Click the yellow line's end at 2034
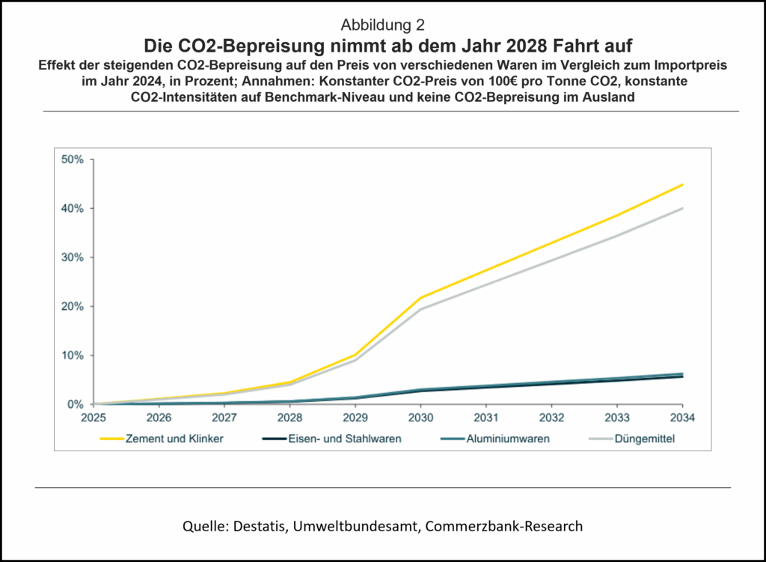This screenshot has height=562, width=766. coord(682,184)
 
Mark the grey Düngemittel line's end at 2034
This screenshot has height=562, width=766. coord(682,208)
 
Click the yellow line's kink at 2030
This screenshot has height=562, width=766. coord(420,298)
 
